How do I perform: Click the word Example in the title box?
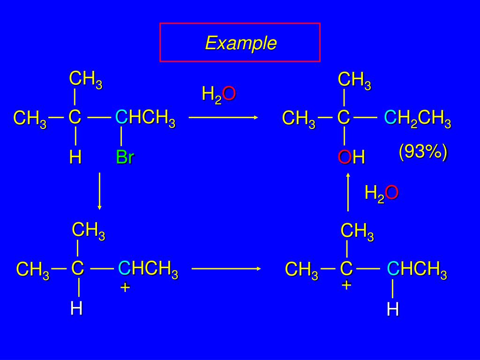(240, 43)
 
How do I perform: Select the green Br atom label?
(125, 157)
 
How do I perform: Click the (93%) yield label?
(423, 152)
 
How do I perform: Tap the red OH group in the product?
(352, 157)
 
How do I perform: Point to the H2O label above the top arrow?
(218, 95)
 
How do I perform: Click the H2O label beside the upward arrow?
(382, 193)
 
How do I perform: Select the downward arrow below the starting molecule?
(99, 191)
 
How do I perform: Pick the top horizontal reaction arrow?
(224, 118)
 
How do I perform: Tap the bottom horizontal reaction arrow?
(226, 269)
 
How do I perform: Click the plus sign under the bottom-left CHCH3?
(125, 287)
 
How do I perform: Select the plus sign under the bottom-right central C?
(346, 285)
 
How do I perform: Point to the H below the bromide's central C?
(75, 157)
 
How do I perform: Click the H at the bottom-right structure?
(393, 309)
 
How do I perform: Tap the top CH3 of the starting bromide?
(86, 79)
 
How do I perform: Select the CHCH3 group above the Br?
(145, 118)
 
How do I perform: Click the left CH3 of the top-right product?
(299, 119)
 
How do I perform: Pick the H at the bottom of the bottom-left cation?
(76, 308)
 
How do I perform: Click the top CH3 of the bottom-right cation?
(357, 232)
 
